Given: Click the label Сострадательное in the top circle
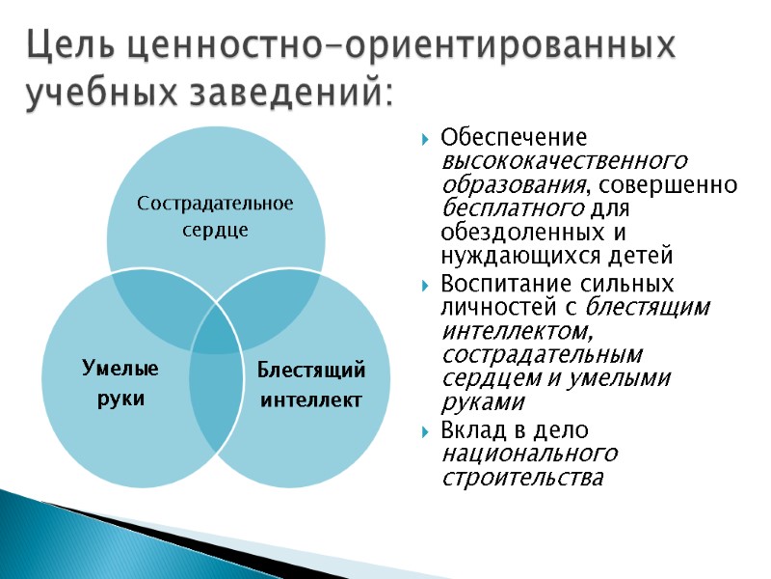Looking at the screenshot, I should [215, 204].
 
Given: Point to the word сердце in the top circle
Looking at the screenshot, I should [215, 231].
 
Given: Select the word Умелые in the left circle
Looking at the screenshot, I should [120, 369].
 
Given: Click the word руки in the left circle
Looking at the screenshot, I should [120, 399].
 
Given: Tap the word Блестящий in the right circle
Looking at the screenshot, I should [311, 370].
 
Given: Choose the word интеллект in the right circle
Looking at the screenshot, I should [311, 399].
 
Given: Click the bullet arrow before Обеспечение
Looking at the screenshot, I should [426, 138].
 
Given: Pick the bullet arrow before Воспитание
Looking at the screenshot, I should [426, 286].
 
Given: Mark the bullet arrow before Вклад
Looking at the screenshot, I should [426, 430].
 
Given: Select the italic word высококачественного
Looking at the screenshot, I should [564, 160].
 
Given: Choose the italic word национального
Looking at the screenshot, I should [529, 454].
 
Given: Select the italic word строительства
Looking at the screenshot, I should [521, 478].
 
